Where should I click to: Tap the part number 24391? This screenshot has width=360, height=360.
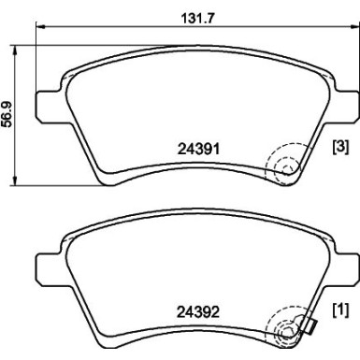click(x=199, y=146)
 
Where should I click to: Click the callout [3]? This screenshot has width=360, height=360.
click(x=340, y=147)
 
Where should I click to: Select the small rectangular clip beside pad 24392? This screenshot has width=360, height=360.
click(x=310, y=325)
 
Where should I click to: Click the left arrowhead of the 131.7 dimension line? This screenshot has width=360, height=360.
click(x=39, y=31)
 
